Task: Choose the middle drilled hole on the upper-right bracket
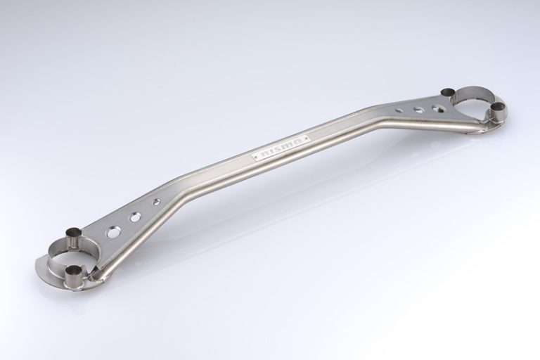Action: (x=418, y=110)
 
